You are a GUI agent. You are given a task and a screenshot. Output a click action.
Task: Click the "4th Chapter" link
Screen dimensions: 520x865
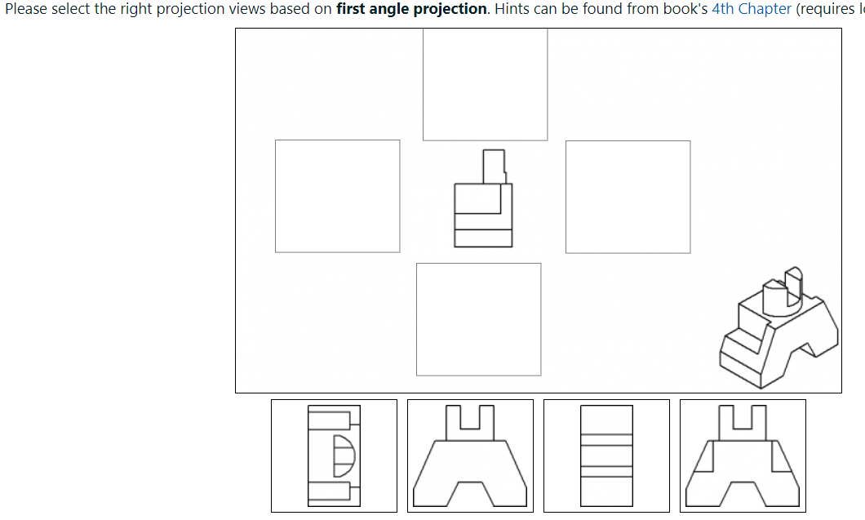pyautogui.click(x=751, y=9)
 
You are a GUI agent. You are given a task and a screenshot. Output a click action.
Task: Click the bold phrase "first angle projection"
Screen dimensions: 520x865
pyautogui.click(x=410, y=9)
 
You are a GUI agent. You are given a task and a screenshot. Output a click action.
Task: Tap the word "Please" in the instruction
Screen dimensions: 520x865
pyautogui.click(x=25, y=9)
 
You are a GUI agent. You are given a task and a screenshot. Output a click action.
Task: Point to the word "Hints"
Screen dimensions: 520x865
pyautogui.click(x=512, y=9)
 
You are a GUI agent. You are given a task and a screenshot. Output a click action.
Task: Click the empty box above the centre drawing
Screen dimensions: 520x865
pyautogui.click(x=485, y=84)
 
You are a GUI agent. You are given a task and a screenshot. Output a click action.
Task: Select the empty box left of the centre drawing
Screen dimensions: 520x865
pyautogui.click(x=337, y=196)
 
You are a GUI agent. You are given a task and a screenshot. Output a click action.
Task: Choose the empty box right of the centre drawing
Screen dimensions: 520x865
pyautogui.click(x=628, y=196)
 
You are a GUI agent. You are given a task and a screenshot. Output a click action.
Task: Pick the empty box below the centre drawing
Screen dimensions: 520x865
pyautogui.click(x=478, y=319)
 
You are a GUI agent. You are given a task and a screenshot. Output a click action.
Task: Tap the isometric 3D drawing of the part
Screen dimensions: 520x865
pyautogui.click(x=778, y=330)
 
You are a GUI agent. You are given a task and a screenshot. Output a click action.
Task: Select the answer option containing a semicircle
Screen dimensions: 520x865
pyautogui.click(x=334, y=456)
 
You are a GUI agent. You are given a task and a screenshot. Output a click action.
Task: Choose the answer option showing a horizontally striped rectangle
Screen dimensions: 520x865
pyautogui.click(x=606, y=456)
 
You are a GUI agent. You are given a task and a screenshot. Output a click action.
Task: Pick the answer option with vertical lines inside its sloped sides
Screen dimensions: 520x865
pyautogui.click(x=743, y=456)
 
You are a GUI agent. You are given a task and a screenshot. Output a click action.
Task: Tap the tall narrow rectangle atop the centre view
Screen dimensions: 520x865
pyautogui.click(x=494, y=167)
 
